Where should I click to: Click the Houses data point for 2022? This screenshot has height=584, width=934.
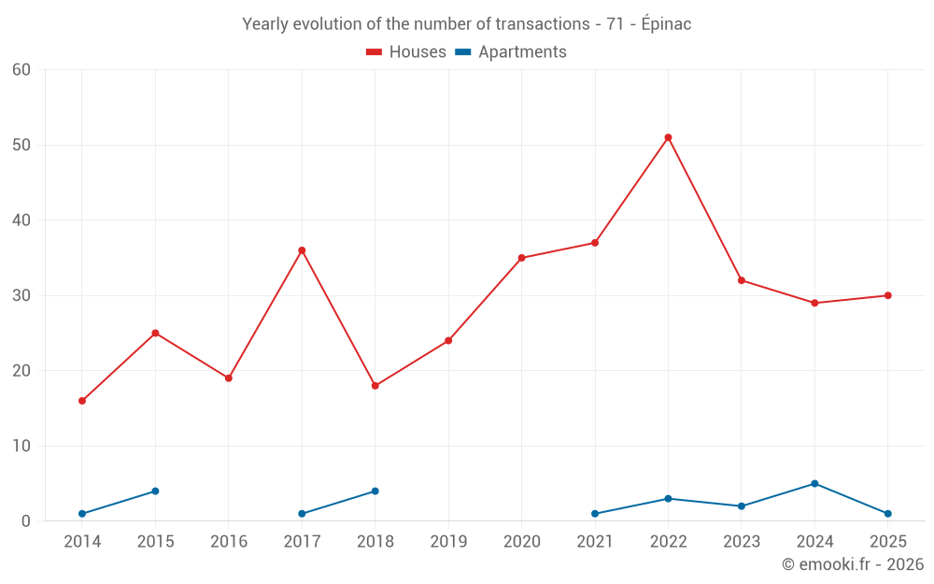pos(668,137)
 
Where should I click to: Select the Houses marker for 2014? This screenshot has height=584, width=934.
pos(82,401)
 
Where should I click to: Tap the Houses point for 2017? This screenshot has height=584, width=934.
pos(302,250)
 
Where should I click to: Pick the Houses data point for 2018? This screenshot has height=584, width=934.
pos(375,386)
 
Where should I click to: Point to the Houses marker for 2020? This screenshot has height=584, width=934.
pos(522,258)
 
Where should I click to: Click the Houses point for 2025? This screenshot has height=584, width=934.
pos(887,295)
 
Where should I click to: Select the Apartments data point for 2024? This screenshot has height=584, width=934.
pos(814,483)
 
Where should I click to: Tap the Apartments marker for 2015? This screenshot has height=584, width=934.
pos(155,491)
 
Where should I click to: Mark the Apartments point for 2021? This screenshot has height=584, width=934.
pos(595,514)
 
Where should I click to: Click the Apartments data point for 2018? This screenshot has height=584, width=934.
pos(375,491)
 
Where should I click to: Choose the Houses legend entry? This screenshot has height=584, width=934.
pos(406,51)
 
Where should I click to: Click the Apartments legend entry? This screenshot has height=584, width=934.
pos(511,51)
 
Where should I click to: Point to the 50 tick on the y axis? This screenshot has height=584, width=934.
pos(21,145)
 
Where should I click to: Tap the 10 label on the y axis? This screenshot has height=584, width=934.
pos(21,446)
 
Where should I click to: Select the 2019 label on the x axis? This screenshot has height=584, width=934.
pos(448,541)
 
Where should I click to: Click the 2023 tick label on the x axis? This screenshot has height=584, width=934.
pos(742,541)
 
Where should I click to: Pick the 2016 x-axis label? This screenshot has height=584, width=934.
pos(229,541)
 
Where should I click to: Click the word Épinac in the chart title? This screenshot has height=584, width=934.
pos(667,24)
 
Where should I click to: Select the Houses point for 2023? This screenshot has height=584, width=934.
pos(742,280)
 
